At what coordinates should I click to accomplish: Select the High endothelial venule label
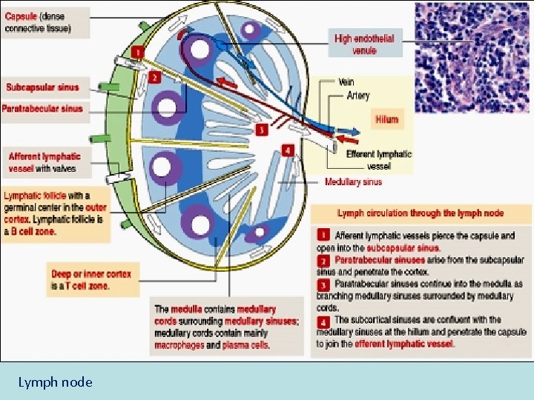(x=364, y=44)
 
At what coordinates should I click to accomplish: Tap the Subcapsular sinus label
(x=42, y=87)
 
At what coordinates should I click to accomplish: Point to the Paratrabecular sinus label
(x=42, y=109)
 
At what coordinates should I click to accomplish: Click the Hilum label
(x=386, y=119)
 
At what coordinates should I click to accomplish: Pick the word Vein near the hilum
(x=346, y=82)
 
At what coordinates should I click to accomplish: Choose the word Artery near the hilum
(x=357, y=96)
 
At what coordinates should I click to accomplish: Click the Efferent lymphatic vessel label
(x=379, y=159)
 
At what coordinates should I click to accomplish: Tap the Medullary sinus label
(x=353, y=181)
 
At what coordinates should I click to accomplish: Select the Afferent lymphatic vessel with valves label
(x=44, y=162)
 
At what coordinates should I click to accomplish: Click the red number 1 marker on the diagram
(x=137, y=52)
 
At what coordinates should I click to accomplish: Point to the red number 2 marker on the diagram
(x=154, y=76)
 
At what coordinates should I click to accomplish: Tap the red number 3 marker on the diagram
(x=260, y=130)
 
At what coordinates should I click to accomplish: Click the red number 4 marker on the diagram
(x=288, y=150)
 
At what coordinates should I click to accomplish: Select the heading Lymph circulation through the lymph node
(x=421, y=213)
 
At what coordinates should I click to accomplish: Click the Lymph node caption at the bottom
(x=56, y=382)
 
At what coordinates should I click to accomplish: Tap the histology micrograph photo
(x=472, y=56)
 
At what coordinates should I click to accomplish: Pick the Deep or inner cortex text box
(x=90, y=279)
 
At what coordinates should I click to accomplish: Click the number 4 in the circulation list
(x=323, y=321)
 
